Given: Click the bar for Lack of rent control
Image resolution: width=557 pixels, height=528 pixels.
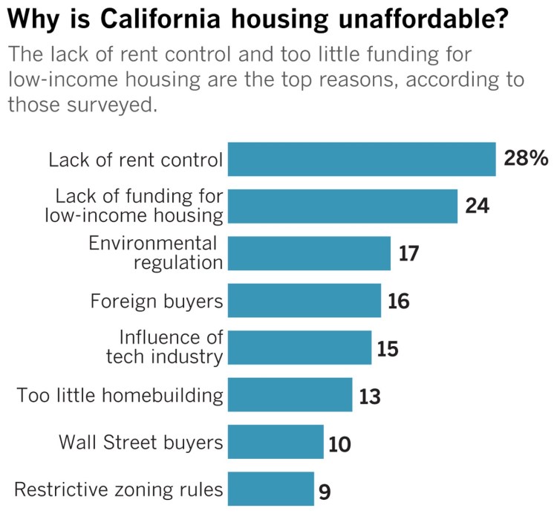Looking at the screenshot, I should [x=361, y=159].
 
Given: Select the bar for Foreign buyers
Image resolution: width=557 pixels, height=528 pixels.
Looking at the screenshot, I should [x=304, y=301].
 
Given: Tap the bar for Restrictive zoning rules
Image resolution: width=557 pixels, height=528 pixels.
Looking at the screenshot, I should [x=270, y=489].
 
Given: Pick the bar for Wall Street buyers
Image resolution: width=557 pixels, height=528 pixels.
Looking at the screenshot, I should [x=276, y=442].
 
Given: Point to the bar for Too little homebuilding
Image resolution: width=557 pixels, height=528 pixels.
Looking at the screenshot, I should [x=290, y=395].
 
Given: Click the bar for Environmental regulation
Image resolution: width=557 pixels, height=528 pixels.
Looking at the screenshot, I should [x=309, y=253].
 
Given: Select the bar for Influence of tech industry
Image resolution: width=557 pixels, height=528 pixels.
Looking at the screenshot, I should [x=299, y=348].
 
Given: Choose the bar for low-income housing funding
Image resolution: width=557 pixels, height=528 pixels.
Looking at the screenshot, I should [x=342, y=206].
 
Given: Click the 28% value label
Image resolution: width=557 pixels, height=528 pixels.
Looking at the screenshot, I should [x=526, y=159].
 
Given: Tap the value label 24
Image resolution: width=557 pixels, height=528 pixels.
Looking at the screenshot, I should [x=477, y=206].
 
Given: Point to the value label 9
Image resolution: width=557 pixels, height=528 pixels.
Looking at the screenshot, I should [x=325, y=490].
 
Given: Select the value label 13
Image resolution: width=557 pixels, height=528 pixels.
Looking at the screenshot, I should [x=369, y=397].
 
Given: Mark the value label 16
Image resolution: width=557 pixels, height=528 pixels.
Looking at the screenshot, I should [x=398, y=302].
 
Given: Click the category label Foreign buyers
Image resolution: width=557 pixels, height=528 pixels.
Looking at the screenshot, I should [x=156, y=301].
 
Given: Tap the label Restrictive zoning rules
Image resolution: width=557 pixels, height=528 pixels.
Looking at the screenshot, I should [x=119, y=489].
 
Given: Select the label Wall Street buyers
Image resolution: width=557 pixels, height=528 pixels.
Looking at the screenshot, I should [x=141, y=443].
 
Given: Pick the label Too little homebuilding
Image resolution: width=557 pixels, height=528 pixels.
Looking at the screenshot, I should [x=120, y=395].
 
